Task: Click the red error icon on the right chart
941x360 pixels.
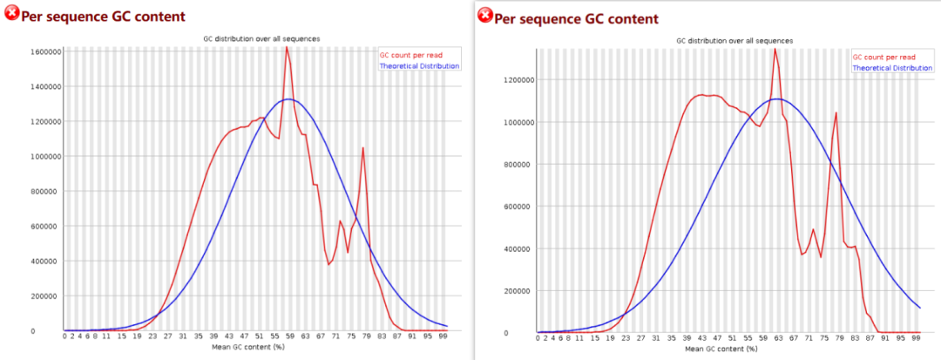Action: (x=484, y=16)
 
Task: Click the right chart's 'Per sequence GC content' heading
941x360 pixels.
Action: (x=576, y=18)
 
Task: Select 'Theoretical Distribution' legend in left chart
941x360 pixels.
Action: (x=420, y=65)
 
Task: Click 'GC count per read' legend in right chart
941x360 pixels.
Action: (x=885, y=58)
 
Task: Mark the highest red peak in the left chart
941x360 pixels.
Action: (x=286, y=47)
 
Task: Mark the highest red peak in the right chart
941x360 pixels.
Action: (x=775, y=49)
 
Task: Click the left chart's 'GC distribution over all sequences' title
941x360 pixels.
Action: (x=261, y=38)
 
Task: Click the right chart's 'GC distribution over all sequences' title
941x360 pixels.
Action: (x=735, y=40)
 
